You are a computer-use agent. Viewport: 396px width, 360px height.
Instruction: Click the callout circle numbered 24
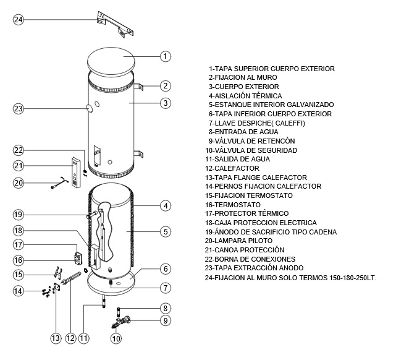pyautogui.click(x=18, y=19)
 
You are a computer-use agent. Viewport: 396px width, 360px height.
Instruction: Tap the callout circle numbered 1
pyautogui.click(x=166, y=56)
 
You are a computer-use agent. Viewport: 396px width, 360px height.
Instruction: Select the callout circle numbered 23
pyautogui.click(x=18, y=109)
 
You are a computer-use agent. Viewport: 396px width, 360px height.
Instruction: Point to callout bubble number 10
pyautogui.click(x=116, y=338)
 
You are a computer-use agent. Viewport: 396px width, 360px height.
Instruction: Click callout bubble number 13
pyautogui.click(x=56, y=338)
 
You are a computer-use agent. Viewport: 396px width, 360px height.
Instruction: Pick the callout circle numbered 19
pyautogui.click(x=18, y=215)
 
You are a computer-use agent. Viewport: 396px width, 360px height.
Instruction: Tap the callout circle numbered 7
pyautogui.click(x=166, y=288)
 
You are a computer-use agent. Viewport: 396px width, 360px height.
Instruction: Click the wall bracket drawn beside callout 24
pyautogui.click(x=115, y=24)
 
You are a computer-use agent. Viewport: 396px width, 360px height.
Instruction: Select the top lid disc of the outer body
pyautogui.click(x=111, y=61)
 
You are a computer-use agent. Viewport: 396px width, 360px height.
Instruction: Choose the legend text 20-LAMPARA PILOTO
pyautogui.click(x=238, y=241)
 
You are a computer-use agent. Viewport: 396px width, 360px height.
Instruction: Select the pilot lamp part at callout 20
pyautogui.click(x=60, y=182)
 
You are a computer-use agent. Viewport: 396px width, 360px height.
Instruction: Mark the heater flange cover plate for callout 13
pyautogui.click(x=57, y=288)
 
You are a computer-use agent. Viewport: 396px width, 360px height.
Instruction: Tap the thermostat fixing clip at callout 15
pyautogui.click(x=58, y=273)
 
